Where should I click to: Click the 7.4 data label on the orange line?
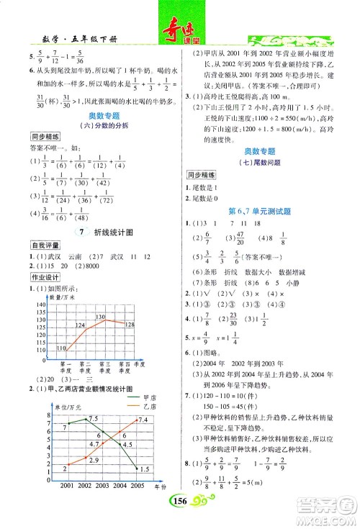143,420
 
